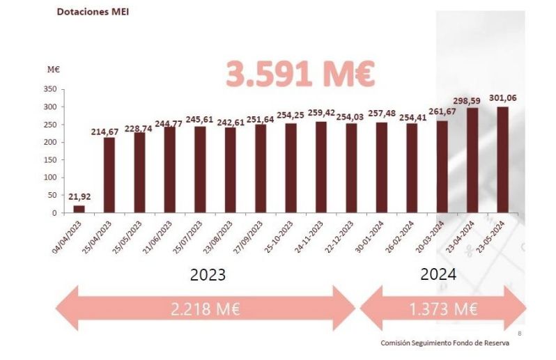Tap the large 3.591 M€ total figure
point(300,74)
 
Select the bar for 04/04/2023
point(79,209)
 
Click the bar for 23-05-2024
point(502,159)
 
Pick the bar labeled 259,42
point(321,167)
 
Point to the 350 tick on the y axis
point(49,89)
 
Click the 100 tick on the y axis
point(49,178)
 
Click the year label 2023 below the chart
point(208,274)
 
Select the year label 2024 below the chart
point(438,274)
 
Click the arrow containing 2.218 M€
point(206,309)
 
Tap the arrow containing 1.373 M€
point(442,309)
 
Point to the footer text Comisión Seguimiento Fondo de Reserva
point(445,343)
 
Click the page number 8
point(519,333)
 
